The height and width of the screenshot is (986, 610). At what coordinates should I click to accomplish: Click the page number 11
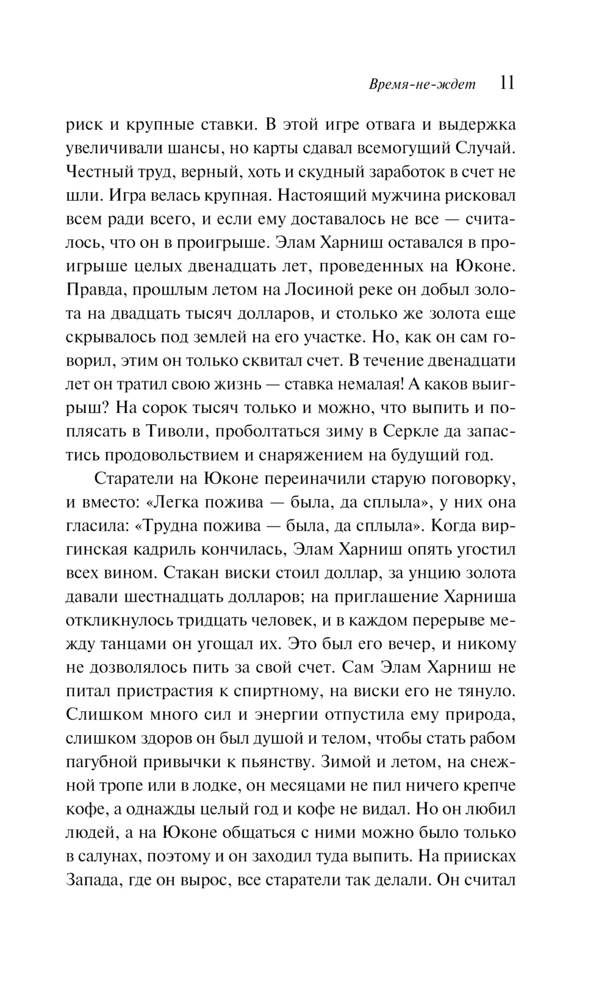[x=507, y=83]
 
